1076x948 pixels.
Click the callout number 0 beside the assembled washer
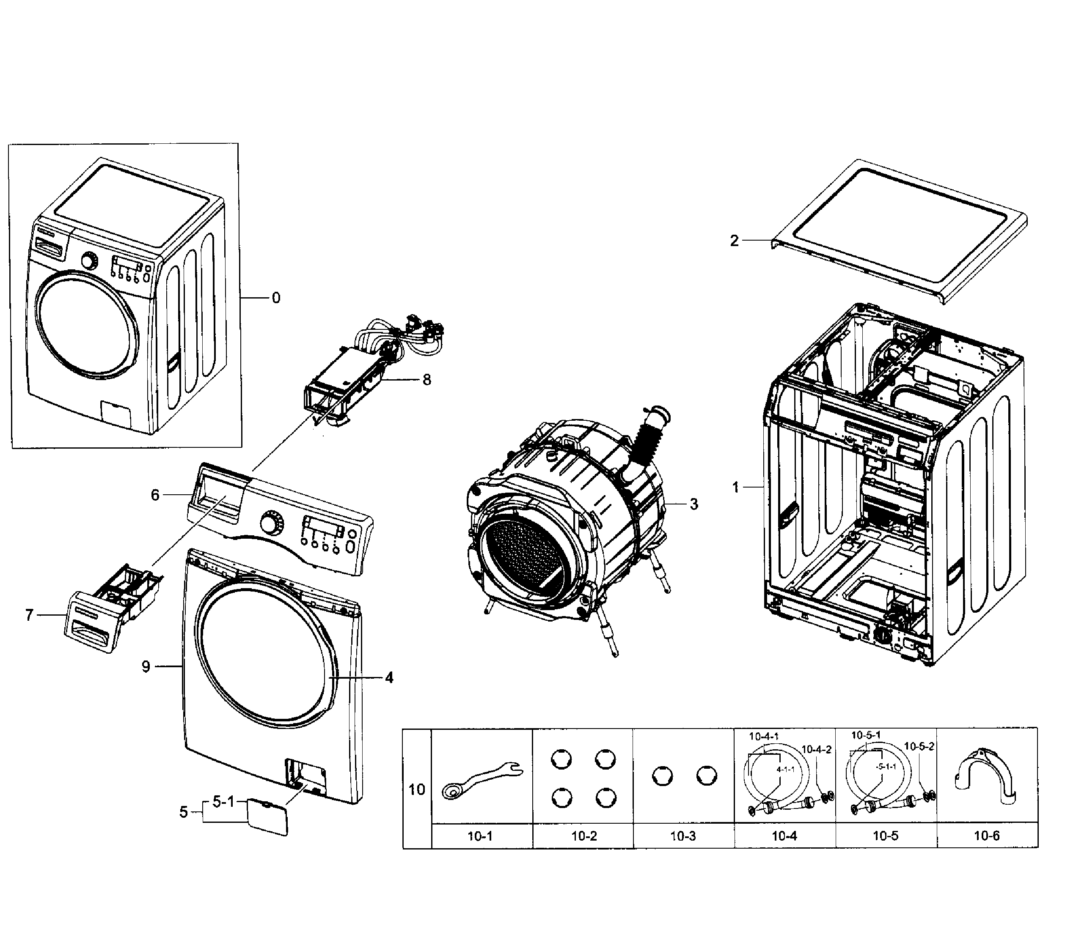click(276, 298)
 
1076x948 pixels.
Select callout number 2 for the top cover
click(734, 241)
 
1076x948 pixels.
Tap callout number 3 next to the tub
click(694, 504)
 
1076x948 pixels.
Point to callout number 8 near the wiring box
click(427, 379)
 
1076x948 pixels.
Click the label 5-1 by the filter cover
click(223, 801)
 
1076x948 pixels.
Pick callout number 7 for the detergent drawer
click(30, 614)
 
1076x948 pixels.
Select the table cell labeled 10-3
click(683, 836)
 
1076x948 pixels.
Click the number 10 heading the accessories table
click(416, 790)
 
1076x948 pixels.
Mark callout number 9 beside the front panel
click(146, 666)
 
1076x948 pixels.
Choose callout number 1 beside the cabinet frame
click(735, 488)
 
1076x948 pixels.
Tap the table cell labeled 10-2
click(584, 836)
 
